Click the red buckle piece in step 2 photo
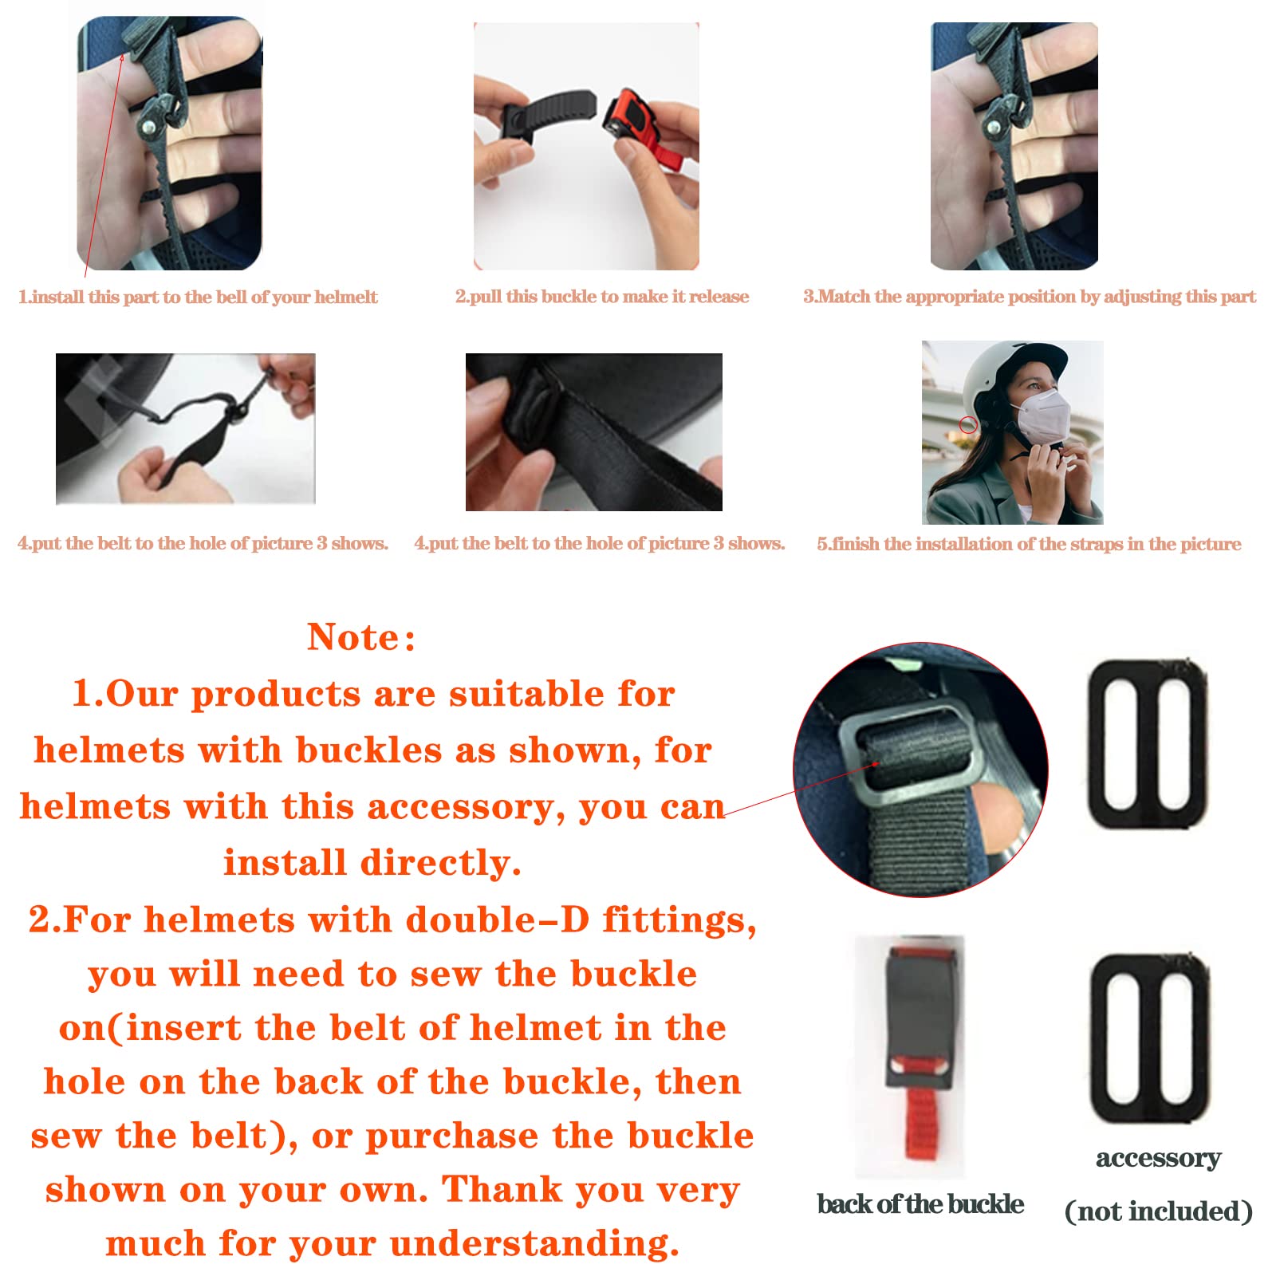[642, 128]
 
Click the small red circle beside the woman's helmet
[968, 424]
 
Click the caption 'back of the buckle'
[920, 1204]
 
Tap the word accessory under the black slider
[1158, 1158]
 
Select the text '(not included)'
[1158, 1211]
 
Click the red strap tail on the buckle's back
[921, 1124]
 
